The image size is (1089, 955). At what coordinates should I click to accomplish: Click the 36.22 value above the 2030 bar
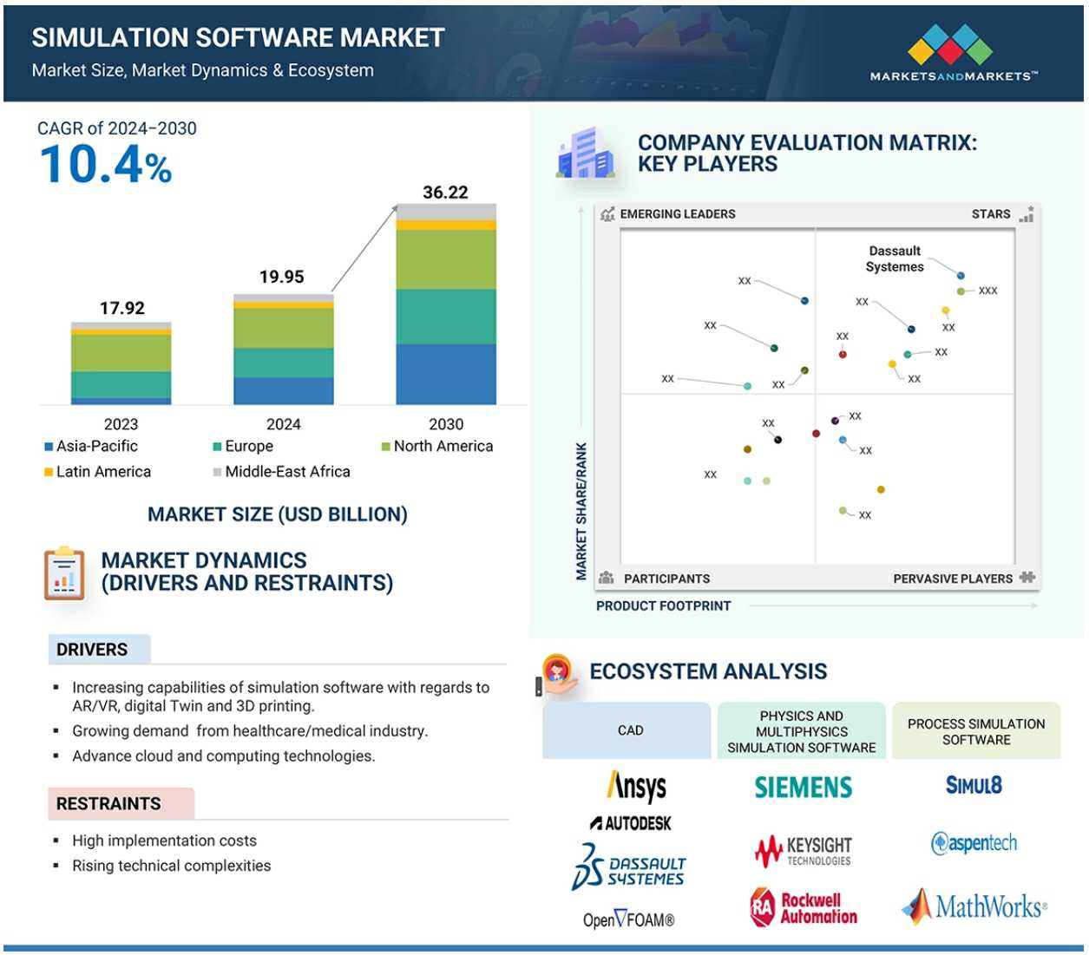click(x=445, y=193)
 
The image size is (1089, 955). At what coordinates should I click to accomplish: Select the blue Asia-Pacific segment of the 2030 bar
click(x=446, y=374)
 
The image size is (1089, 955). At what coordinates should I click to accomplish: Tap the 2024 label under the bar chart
click(x=283, y=424)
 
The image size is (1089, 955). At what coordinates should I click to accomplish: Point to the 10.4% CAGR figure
click(x=106, y=164)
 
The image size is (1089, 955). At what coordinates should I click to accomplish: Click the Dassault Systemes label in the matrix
click(x=895, y=258)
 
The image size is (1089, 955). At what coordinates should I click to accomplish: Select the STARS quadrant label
click(x=991, y=214)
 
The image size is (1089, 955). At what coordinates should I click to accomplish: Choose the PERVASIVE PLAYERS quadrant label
click(x=953, y=579)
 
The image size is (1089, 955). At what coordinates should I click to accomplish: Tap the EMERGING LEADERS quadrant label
click(x=677, y=214)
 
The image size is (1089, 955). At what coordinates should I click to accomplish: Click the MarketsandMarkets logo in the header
click(x=953, y=52)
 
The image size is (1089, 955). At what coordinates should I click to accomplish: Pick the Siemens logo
click(x=804, y=788)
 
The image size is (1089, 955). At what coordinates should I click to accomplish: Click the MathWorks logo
click(x=974, y=907)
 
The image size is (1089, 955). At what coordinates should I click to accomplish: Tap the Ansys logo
click(x=637, y=787)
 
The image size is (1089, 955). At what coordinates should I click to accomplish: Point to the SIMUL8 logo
click(x=974, y=786)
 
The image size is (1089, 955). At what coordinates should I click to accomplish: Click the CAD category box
click(x=630, y=730)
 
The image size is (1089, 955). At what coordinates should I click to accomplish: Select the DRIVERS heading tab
click(x=93, y=650)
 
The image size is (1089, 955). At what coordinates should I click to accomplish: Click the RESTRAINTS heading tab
click(x=109, y=804)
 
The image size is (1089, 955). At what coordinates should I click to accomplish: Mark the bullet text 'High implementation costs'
click(x=164, y=841)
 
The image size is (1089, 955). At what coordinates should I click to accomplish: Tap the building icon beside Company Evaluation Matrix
click(x=587, y=154)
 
